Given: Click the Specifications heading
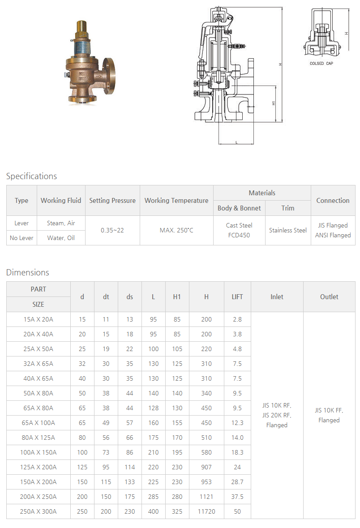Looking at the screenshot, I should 31,176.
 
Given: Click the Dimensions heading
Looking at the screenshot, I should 28,272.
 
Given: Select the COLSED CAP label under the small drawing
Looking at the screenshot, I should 321,64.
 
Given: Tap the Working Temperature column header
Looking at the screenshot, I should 176,201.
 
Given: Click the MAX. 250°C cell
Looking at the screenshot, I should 176,230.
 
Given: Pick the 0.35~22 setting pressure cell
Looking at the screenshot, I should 112,230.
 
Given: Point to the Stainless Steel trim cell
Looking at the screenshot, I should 288,230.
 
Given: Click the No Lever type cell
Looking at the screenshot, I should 21,238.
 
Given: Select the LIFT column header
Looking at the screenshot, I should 237,296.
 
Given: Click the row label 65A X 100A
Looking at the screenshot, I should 38,423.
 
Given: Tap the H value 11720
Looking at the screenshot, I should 206,511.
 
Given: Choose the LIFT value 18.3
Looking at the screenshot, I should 237,452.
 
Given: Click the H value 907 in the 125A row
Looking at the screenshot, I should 206,467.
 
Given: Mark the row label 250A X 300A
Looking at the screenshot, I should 38,511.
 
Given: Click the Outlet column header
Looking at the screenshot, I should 329,296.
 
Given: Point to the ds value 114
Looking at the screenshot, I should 130,467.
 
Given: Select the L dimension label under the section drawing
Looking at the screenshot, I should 236,142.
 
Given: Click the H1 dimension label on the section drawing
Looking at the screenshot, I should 274,103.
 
